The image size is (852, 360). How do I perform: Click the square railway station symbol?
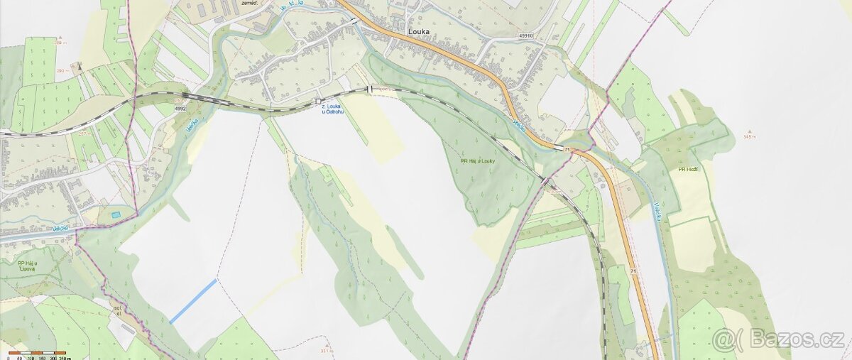point(319,102)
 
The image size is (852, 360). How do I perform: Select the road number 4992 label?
point(180,109)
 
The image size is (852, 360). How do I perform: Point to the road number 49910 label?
point(525,35)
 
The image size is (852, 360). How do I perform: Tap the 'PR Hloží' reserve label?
point(688,170)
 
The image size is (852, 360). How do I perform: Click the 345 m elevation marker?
point(750,136)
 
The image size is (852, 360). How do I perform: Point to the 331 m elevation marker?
point(326,350)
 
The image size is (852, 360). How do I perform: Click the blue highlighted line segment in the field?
point(193,301)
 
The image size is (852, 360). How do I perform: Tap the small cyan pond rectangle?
point(116,214)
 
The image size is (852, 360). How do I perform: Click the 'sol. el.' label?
point(118,310)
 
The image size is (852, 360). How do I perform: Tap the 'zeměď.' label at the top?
point(249,4)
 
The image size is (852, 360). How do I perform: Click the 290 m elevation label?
point(61,71)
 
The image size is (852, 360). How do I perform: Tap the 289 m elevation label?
point(61,43)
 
